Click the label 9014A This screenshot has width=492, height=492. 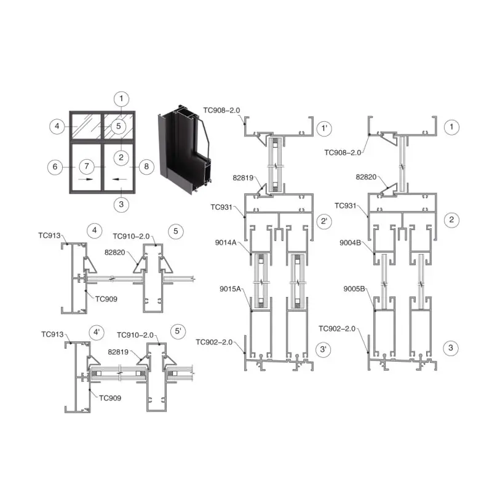pos(226,242)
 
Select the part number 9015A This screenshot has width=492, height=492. pos(230,289)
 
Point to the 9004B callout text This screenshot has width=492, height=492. pos(350,243)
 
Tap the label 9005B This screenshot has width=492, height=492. pos(354,289)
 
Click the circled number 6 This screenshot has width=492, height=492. pos(55,167)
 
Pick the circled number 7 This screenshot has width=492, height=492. pos(87,166)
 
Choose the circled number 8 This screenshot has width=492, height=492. pos(146,166)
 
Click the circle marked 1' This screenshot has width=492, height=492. pos(324,129)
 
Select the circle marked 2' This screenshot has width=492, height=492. pos(324,221)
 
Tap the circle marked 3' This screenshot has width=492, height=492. pos(323,349)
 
